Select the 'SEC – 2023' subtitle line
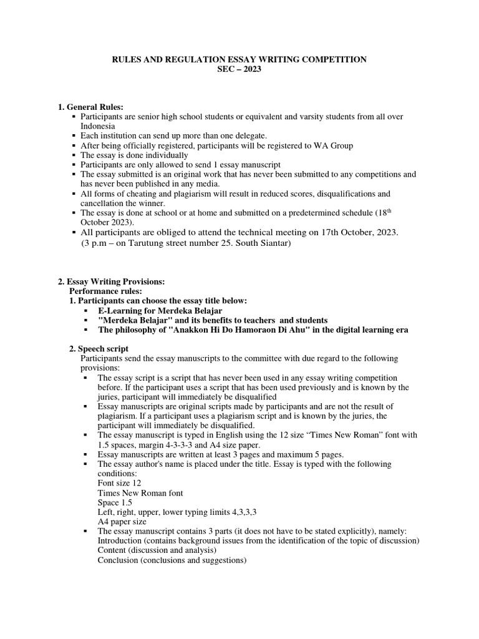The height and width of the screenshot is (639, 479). click(x=239, y=69)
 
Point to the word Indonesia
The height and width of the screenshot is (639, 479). click(x=98, y=125)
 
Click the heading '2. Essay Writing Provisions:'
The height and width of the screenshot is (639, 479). click(x=111, y=281)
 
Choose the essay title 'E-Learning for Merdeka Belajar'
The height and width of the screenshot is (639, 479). click(x=160, y=310)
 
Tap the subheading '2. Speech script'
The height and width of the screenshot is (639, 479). click(x=99, y=349)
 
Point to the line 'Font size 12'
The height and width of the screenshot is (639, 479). click(x=119, y=483)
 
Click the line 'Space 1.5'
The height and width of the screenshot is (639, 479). click(x=115, y=502)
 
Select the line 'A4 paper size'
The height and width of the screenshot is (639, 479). click(x=122, y=522)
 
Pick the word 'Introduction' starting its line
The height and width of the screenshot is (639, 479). click(x=119, y=540)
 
